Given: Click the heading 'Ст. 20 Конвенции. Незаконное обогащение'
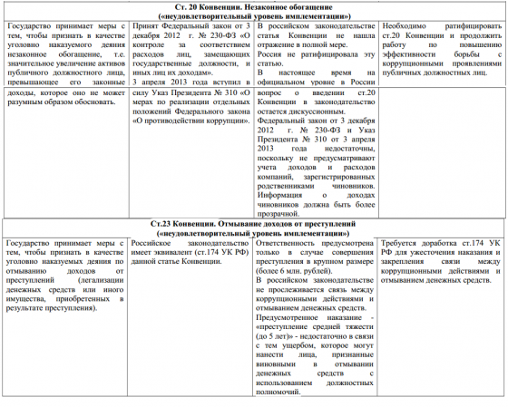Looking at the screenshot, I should (253, 6).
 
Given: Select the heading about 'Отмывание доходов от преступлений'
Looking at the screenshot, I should (253, 222).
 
